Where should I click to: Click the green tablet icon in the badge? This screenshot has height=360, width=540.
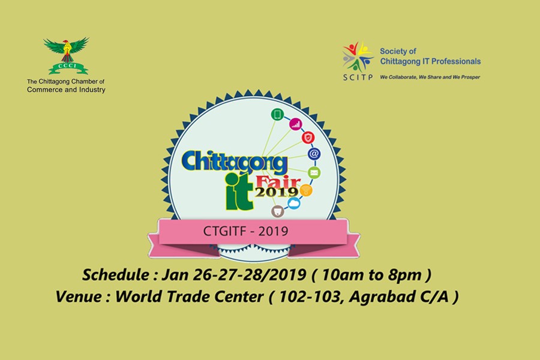277,114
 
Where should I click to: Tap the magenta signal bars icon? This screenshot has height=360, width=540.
295,125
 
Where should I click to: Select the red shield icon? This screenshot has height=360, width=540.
308,138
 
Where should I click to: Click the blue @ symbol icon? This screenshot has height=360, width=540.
314,154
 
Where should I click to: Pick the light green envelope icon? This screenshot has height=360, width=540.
314,173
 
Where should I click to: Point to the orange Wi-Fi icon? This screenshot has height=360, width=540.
306,190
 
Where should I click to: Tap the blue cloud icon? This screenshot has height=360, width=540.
293,203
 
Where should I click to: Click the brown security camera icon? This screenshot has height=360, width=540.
277,211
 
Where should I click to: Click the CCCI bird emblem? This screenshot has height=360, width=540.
67,55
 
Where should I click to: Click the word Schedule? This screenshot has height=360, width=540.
116,275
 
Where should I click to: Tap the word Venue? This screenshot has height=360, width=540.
79,296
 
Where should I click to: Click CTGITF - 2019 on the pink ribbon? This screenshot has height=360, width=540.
245,231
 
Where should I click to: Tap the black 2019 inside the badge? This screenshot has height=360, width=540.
276,192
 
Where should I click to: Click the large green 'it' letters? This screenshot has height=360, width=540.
239,191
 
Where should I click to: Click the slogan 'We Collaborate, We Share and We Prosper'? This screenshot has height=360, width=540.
430,77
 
